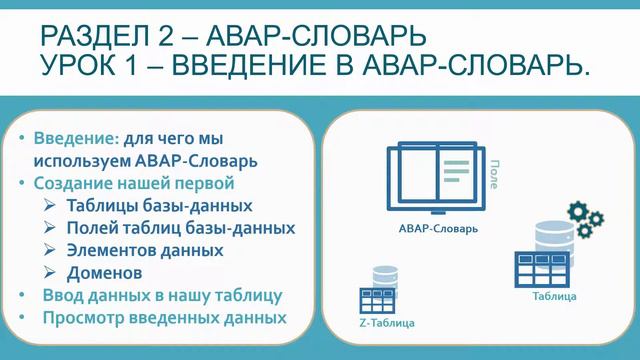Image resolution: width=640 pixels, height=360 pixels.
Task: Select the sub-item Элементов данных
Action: coord(145,250)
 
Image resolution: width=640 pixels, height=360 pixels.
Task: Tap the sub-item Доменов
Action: coord(104,272)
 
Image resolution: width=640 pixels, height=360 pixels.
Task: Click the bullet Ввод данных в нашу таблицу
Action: coord(162,296)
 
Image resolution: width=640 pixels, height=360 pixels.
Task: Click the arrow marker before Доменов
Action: coord(51,272)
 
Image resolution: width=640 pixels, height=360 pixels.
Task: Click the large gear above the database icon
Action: coord(579,211)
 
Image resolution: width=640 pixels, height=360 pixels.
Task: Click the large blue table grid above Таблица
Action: coord(541,267)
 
